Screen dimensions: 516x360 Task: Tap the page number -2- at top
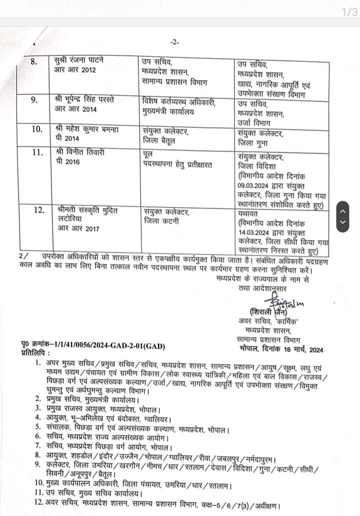coord(174,42)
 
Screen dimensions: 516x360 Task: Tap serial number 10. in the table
coord(35,129)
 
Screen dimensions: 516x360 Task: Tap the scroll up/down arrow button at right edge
coord(343,216)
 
